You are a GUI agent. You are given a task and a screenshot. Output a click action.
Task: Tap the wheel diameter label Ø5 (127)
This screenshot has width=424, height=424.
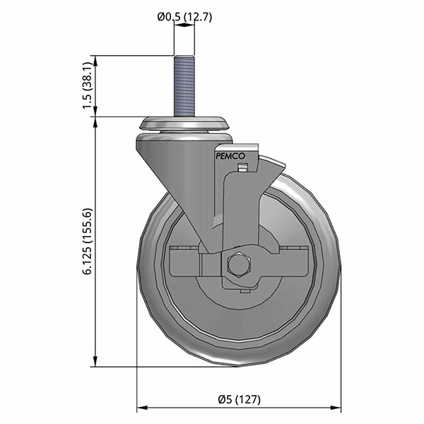238,399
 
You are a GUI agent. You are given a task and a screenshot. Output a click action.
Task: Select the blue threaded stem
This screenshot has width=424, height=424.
184,85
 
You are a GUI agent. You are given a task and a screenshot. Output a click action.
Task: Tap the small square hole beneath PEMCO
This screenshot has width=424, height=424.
243,168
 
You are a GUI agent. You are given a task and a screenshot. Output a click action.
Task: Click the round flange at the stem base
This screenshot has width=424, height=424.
185,124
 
